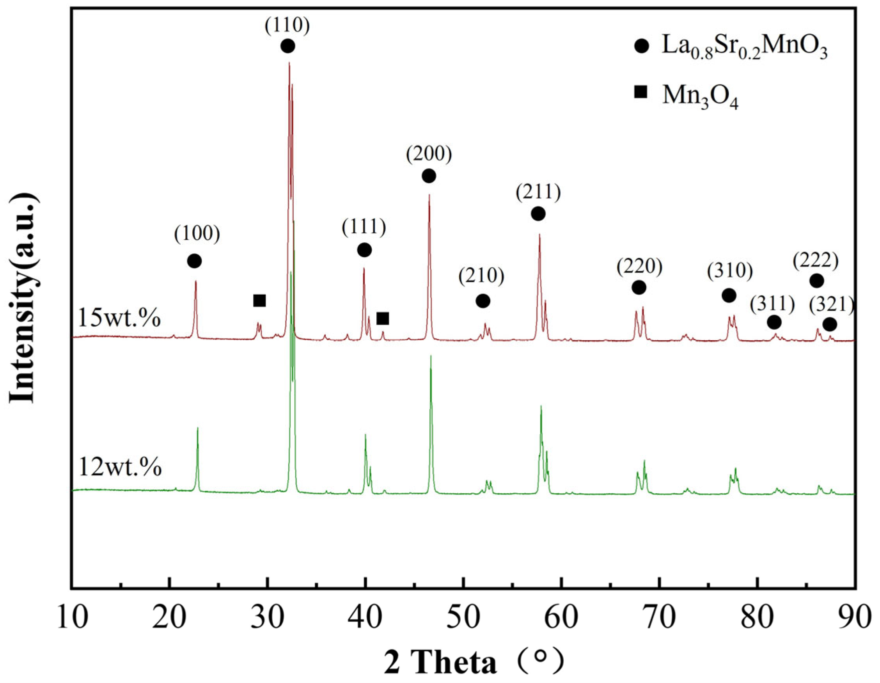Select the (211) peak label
tap(538, 193)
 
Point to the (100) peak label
tap(197, 234)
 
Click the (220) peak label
tap(639, 267)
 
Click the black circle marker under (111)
tap(364, 250)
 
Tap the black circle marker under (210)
tap(483, 301)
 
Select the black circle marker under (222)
tap(816, 281)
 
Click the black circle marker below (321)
tap(830, 325)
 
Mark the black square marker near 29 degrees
tap(259, 301)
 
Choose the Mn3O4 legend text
tap(700, 97)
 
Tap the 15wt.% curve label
tap(120, 318)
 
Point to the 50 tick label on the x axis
tap(463, 617)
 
